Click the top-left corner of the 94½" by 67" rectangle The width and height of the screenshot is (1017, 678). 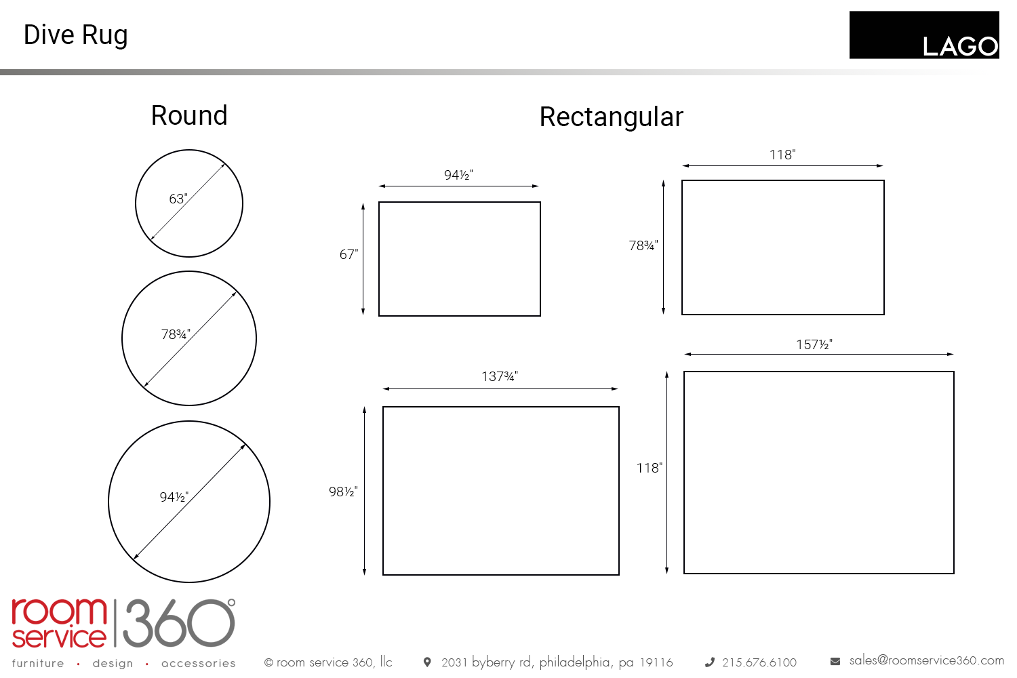click(x=379, y=203)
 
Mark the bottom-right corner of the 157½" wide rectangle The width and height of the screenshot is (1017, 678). click(x=953, y=573)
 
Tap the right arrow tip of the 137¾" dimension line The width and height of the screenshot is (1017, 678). click(x=618, y=388)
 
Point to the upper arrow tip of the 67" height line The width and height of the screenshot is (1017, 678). click(x=363, y=204)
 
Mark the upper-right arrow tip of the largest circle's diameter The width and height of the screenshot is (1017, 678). click(x=245, y=445)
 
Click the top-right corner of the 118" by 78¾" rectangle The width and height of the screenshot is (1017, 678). click(x=883, y=181)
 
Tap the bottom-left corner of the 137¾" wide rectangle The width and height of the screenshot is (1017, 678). click(x=383, y=574)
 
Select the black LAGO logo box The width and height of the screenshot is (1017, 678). click(x=924, y=35)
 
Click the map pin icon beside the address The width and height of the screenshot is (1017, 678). click(x=427, y=662)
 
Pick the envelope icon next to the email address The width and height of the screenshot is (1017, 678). click(x=835, y=661)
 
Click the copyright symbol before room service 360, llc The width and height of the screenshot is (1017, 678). click(x=268, y=662)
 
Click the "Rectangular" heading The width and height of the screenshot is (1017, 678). click(x=611, y=117)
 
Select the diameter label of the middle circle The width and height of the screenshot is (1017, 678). click(x=176, y=334)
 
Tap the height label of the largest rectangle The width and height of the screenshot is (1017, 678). click(x=650, y=468)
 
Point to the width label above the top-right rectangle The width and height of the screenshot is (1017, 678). click(x=782, y=155)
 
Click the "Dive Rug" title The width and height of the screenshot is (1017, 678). click(x=76, y=35)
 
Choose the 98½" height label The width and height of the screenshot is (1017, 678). click(x=343, y=492)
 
